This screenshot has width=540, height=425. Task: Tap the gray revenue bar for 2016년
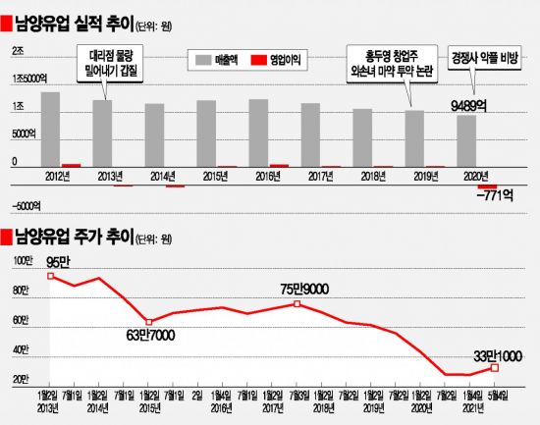point(258,133)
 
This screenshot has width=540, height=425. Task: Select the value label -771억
point(485,198)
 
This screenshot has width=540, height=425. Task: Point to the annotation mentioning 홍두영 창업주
point(387,64)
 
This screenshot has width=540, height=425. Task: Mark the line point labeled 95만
point(50,276)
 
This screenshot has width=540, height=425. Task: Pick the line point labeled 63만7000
point(147,322)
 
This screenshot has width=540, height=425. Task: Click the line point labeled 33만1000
point(496,367)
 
